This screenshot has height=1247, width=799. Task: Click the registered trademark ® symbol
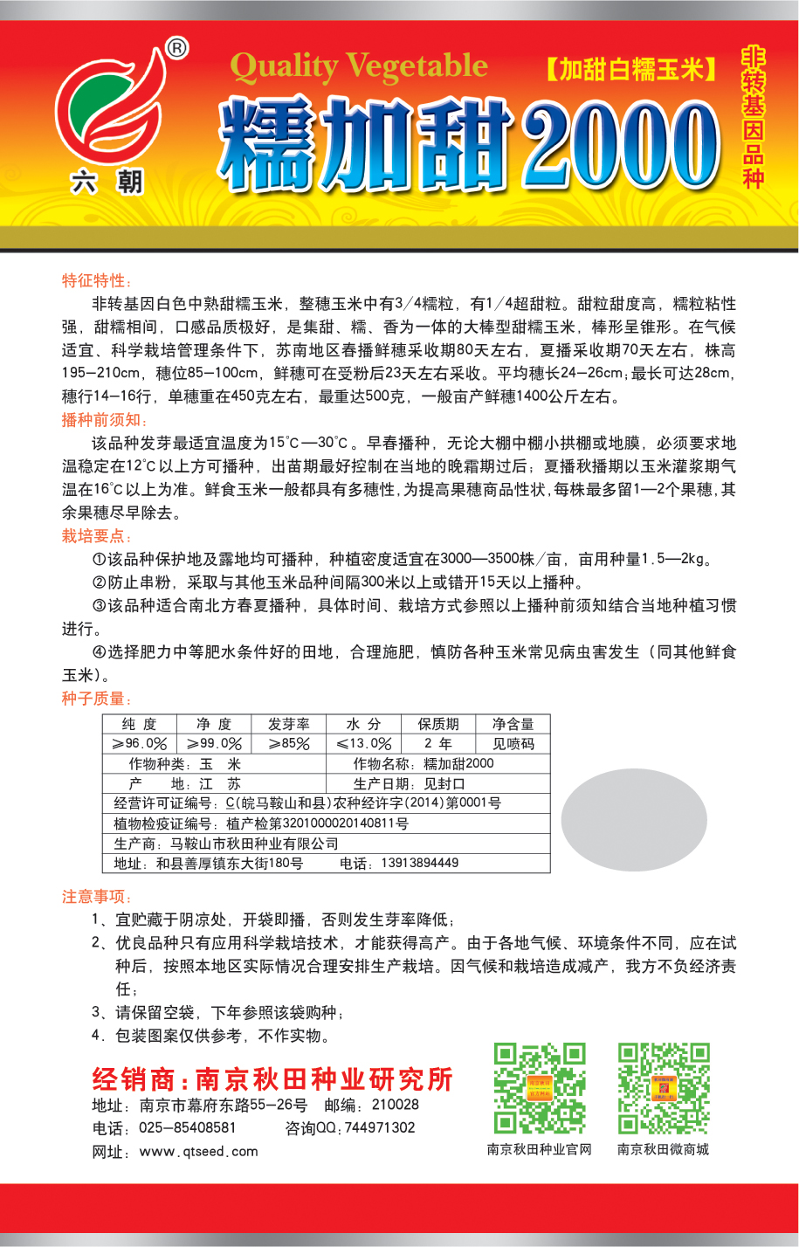pyautogui.click(x=176, y=49)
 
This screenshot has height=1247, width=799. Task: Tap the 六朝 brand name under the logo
pyautogui.click(x=107, y=182)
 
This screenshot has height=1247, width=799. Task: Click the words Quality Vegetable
pyautogui.click(x=359, y=66)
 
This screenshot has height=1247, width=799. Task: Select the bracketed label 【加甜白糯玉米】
pyautogui.click(x=630, y=69)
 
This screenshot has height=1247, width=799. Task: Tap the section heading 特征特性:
pyautogui.click(x=97, y=280)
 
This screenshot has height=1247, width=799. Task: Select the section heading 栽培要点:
pyautogui.click(x=97, y=536)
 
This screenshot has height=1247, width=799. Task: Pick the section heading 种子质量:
pyautogui.click(x=97, y=699)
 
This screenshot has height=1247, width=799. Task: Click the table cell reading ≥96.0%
pyautogui.click(x=140, y=744)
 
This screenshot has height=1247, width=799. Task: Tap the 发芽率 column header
pyautogui.click(x=288, y=724)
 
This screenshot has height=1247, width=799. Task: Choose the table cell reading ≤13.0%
pyautogui.click(x=364, y=744)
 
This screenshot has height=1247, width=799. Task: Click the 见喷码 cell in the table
pyautogui.click(x=513, y=744)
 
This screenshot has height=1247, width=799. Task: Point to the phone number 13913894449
pyautogui.click(x=419, y=863)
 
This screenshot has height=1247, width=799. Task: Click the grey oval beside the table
pyautogui.click(x=633, y=820)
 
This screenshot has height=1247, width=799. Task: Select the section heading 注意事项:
pyautogui.click(x=97, y=896)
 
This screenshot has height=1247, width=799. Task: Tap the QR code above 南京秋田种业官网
pyautogui.click(x=540, y=1088)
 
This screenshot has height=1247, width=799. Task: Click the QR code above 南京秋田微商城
pyautogui.click(x=664, y=1088)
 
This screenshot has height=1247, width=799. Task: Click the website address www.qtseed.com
pyautogui.click(x=198, y=1151)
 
